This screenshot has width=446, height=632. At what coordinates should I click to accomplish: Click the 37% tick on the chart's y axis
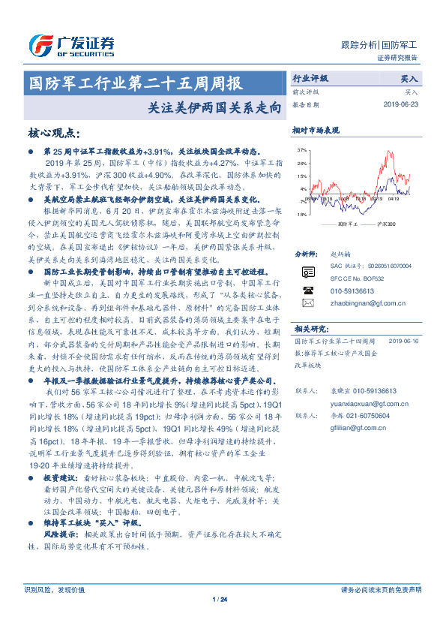click(301, 150)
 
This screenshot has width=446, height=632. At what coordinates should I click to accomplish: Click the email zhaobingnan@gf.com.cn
click(367, 302)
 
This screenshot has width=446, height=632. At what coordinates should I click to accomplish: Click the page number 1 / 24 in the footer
click(220, 598)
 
